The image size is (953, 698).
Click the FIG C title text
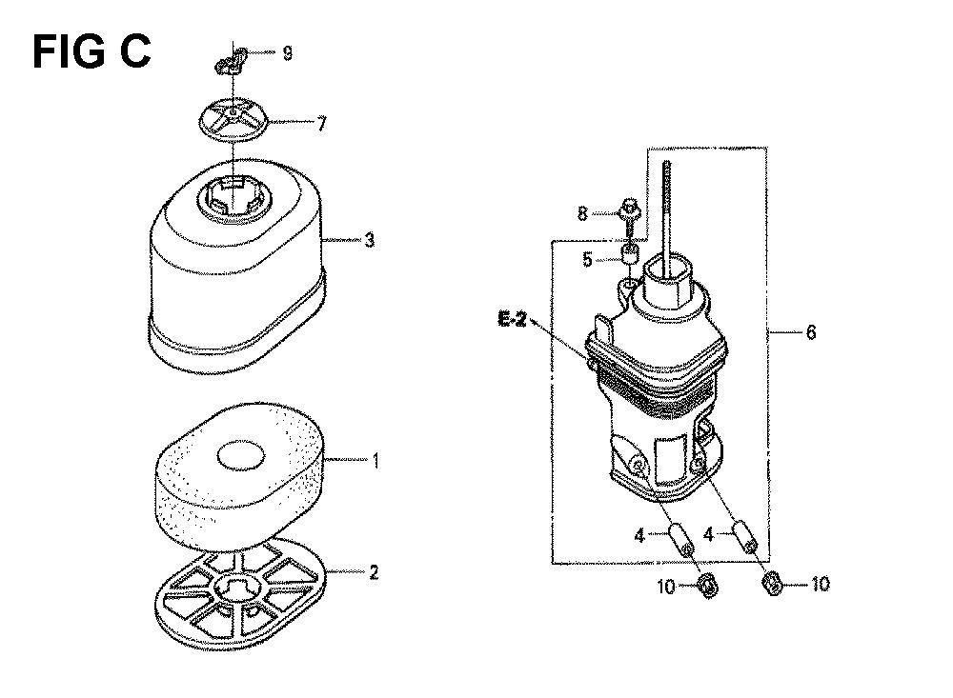91,51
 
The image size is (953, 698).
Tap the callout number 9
288,53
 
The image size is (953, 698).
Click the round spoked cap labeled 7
234,120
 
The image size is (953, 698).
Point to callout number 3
370,241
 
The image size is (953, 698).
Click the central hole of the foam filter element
241,455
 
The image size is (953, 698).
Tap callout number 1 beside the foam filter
375,461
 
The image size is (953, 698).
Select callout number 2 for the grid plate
374,572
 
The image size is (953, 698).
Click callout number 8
582,213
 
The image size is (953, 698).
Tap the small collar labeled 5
630,252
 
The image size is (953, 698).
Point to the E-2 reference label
513,320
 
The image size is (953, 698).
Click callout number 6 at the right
811,332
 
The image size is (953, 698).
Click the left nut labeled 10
709,586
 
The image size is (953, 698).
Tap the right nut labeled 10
772,584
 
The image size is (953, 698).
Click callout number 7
321,124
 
